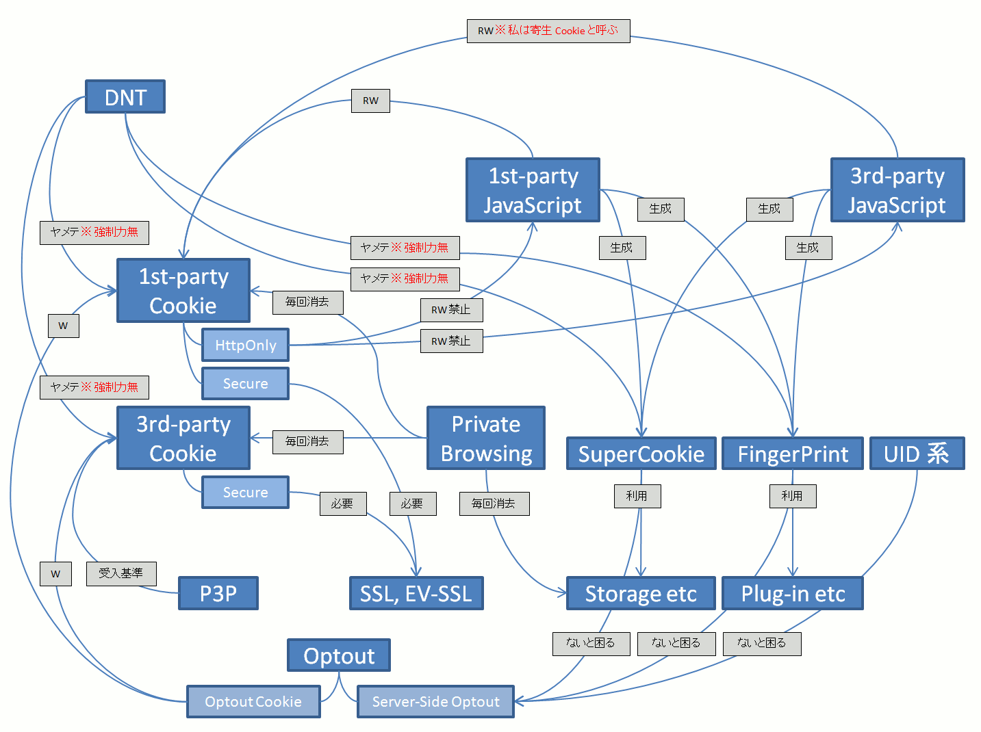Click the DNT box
[125, 97]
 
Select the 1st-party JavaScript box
[533, 190]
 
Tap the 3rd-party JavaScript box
[897, 190]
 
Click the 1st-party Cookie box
[183, 291]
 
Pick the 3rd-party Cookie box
[183, 439]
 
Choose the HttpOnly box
[245, 345]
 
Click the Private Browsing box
[486, 439]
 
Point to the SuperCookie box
[641, 454]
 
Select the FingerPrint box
[792, 454]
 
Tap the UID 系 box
[917, 454]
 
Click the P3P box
[218, 593]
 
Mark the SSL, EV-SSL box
[416, 593]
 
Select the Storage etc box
[641, 593]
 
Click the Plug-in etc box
[792, 593]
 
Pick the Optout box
[339, 655]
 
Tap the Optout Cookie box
[253, 701]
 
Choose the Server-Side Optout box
[435, 701]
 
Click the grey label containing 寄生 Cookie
[548, 31]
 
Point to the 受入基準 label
[121, 573]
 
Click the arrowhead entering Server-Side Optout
[519, 701]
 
